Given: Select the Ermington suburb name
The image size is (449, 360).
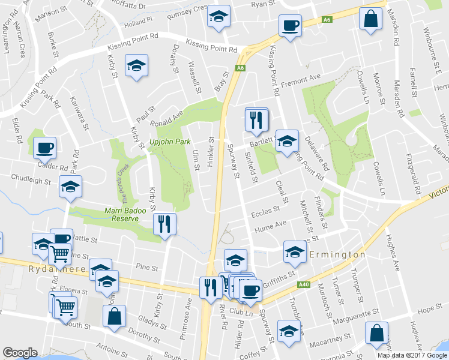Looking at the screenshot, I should click(337, 255).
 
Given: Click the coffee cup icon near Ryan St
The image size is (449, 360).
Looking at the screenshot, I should click(290, 26).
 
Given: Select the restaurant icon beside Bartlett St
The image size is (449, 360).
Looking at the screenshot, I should click(257, 119).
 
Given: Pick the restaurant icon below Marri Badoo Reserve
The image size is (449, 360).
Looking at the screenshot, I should click(164, 224).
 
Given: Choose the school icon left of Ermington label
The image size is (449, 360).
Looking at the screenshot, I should click(295, 252).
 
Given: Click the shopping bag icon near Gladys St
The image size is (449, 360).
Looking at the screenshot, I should click(115, 316).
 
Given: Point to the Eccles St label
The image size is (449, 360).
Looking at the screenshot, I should click(266, 211).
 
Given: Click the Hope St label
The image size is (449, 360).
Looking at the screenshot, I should click(429, 309).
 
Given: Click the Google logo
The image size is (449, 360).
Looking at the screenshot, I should click(20, 353).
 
